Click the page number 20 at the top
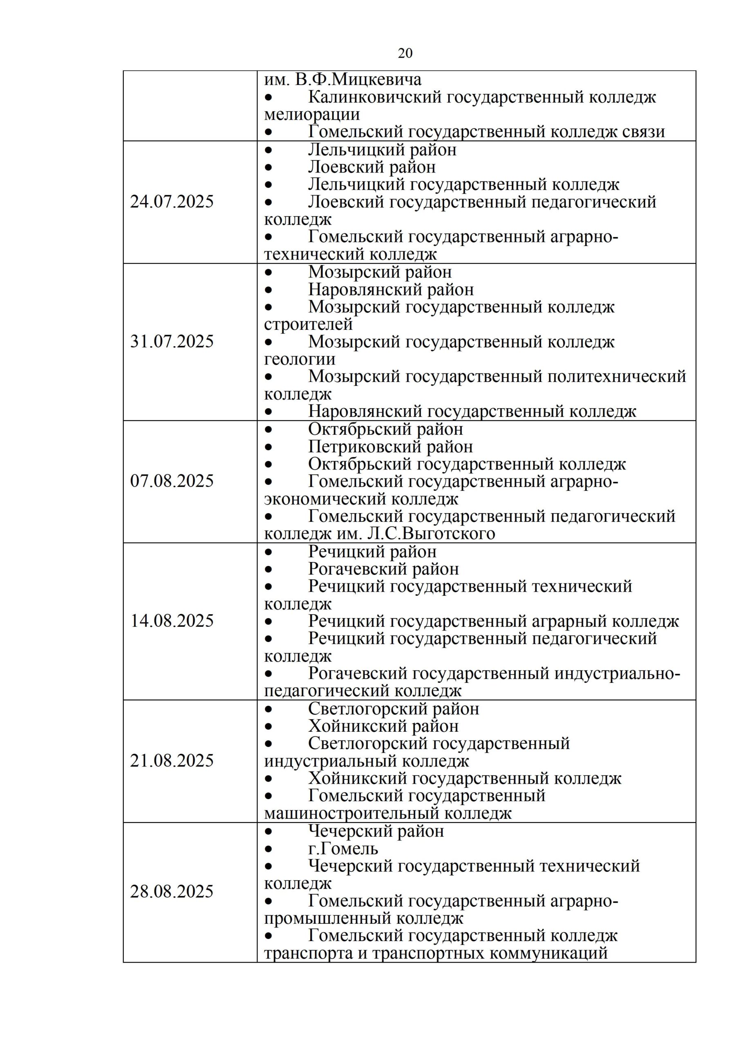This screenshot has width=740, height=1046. tap(405, 53)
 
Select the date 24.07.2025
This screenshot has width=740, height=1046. tap(172, 202)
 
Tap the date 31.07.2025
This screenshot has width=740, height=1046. tap(172, 342)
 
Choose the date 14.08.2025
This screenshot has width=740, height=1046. tap(172, 621)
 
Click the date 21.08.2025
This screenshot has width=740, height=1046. tap(172, 761)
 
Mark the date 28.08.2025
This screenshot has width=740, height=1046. tap(172, 892)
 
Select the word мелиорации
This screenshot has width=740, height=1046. tap(312, 114)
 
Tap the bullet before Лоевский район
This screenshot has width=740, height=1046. tap(269, 168)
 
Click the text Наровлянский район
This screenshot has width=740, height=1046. tap(391, 290)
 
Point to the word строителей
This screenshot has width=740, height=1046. tap(308, 324)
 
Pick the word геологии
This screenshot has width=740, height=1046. tap(300, 360)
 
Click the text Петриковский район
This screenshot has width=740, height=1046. tap(390, 447)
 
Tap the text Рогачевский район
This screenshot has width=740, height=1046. tap(383, 569)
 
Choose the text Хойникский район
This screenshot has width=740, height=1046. tap(383, 726)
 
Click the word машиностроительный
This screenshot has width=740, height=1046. tap(351, 813)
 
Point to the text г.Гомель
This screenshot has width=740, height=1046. tap(343, 849)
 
